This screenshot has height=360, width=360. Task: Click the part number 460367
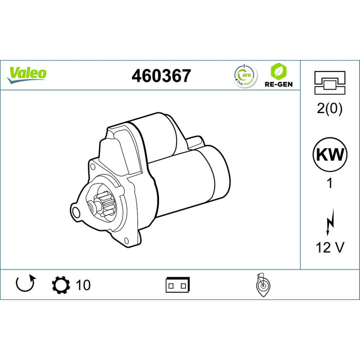161,76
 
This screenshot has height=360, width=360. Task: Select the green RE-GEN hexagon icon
278,70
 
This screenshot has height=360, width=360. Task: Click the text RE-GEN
278,84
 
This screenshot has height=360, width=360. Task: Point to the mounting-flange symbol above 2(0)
329,82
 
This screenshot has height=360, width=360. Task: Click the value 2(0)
329,109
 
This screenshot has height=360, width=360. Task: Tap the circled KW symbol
329,154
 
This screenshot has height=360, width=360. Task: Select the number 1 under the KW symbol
329,183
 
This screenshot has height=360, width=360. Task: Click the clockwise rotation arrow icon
25,284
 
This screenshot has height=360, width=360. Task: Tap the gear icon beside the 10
61,285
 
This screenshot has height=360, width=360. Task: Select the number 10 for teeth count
83,285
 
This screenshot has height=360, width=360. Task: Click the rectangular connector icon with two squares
177,285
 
